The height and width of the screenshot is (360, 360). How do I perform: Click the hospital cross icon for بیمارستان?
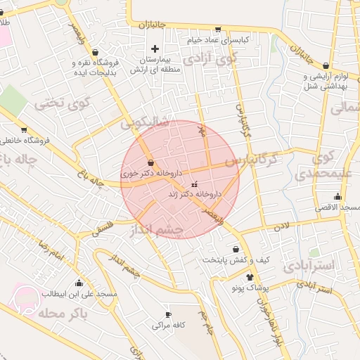pyautogui.click(x=155, y=49)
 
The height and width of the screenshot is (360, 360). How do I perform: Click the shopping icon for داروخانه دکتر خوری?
pyautogui.click(x=151, y=163)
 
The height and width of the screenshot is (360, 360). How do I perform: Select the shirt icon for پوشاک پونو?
pyautogui.click(x=249, y=277)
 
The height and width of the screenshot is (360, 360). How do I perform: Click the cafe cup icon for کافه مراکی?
pyautogui.click(x=168, y=314)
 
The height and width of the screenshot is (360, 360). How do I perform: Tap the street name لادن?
pyautogui.click(x=282, y=226)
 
